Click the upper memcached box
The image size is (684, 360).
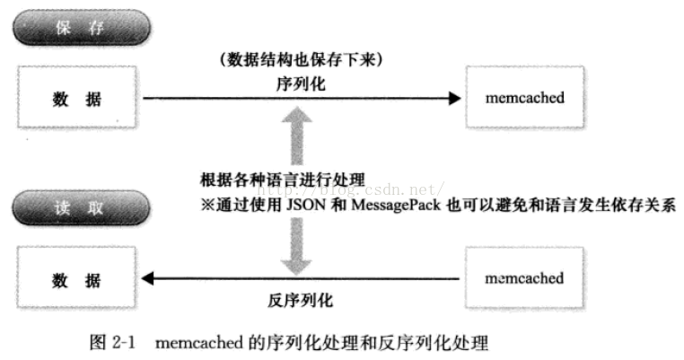tap(524, 97)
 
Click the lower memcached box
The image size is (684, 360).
tap(524, 278)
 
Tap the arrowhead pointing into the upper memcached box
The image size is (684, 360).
tap(453, 100)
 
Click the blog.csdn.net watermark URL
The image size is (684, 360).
tap(350, 189)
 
